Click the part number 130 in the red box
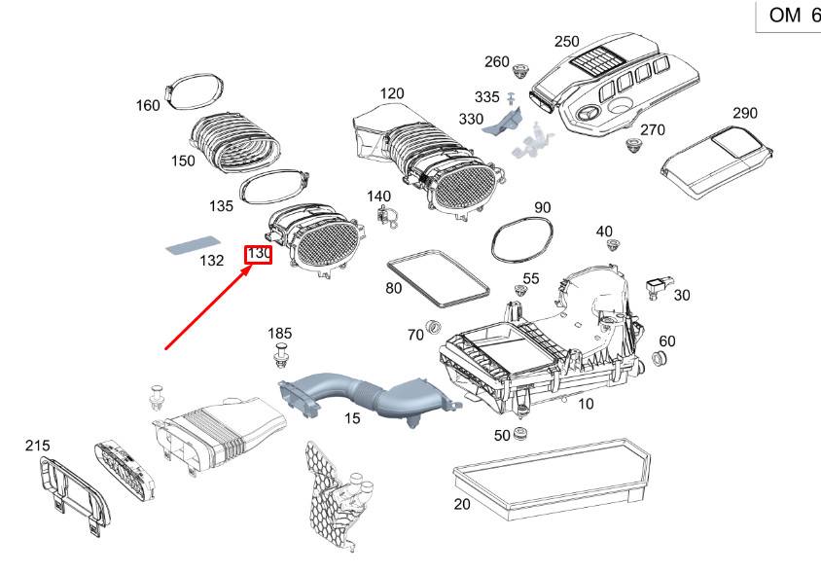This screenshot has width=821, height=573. (258, 254)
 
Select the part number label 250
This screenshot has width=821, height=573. (566, 42)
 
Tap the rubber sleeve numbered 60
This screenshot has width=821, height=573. (659, 361)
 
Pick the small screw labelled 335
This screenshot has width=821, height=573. (512, 98)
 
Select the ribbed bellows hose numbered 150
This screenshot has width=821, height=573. (239, 147)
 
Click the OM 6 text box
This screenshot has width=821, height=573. (788, 17)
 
